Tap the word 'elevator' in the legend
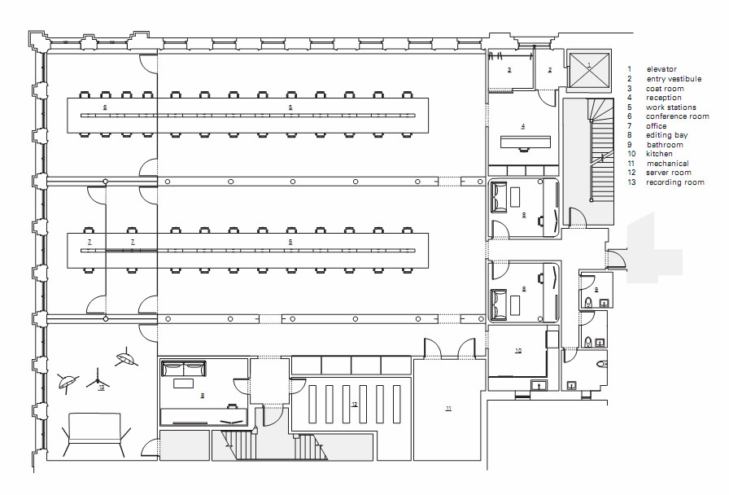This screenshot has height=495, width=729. pos(661,69)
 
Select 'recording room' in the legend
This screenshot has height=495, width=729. pos(674,182)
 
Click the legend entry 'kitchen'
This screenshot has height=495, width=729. pos(659,154)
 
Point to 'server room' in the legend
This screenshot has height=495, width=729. pos(669,173)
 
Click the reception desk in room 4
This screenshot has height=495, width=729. pos(525,142)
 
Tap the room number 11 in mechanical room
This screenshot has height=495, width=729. pos(448,408)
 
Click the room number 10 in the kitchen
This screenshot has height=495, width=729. pos(517,350)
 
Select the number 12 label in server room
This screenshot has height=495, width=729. pos(354,404)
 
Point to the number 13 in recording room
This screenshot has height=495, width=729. pos(101,388)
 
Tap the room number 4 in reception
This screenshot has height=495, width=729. pos(523,126)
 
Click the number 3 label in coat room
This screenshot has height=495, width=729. pos(509,71)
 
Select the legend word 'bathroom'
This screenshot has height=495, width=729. pos(665,145)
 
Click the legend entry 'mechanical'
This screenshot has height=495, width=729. pos(667,164)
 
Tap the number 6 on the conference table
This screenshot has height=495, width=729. pos(105,107)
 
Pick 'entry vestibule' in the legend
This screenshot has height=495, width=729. pos(674,79)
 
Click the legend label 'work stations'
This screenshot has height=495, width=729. pos(671,107)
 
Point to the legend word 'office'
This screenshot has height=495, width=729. pos(657,126)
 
